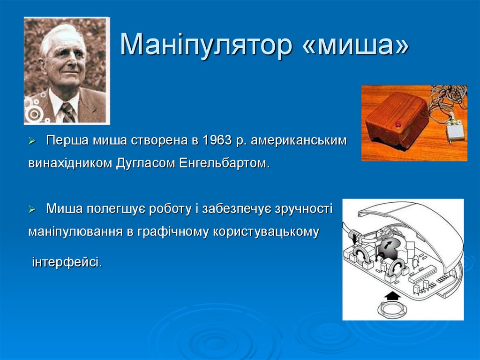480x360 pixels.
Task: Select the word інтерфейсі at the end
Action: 67,261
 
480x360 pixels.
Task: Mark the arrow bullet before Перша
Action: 32,141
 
